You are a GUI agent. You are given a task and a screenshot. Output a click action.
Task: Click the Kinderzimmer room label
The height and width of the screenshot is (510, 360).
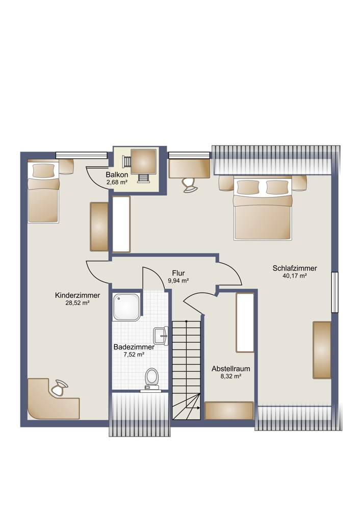click(78, 295)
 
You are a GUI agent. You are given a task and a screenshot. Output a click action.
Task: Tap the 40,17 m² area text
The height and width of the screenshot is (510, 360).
click(295, 276)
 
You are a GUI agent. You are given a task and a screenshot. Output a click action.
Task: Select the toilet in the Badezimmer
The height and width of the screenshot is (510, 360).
click(151, 378)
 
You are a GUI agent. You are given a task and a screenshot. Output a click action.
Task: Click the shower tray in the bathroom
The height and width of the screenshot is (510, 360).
click(126, 307)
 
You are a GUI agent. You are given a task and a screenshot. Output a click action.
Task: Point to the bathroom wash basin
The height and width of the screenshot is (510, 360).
click(161, 336)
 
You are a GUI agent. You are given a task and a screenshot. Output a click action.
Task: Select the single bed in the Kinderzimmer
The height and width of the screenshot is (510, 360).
click(43, 193)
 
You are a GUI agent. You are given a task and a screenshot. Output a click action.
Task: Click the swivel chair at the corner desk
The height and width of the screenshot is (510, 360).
click(59, 388)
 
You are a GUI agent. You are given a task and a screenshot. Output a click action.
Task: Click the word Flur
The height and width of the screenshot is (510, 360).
click(178, 273)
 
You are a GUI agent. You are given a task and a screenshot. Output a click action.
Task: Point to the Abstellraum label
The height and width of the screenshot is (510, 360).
click(231, 369)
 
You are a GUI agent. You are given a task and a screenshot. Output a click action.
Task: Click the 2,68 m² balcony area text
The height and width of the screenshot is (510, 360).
click(117, 183)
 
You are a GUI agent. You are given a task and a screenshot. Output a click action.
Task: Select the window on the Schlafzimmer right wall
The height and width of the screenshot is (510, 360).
click(335, 292)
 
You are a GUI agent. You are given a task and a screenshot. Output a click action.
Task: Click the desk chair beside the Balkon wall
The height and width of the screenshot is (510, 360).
click(189, 185)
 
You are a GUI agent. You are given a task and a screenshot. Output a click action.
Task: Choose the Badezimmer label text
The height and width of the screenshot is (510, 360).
click(134, 347)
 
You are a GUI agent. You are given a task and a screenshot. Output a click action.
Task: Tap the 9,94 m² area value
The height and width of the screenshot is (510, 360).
click(178, 280)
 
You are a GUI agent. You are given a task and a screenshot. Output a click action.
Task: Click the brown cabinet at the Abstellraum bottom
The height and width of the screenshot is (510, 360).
click(229, 411)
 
